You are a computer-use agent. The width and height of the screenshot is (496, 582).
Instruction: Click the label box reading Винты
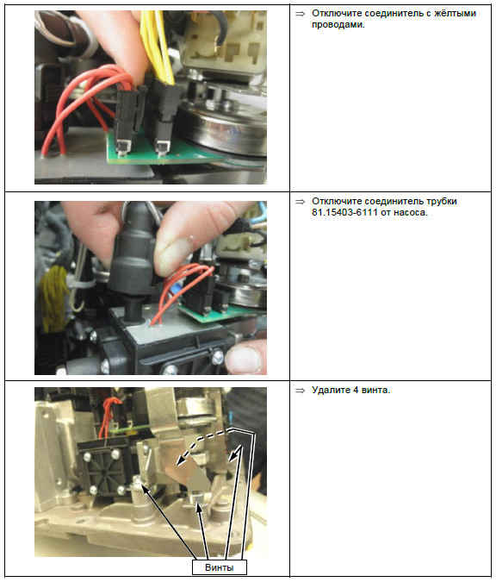pos(219,567)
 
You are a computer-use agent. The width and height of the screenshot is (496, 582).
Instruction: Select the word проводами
pos(338,24)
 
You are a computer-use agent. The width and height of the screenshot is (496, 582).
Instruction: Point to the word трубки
pos(442,201)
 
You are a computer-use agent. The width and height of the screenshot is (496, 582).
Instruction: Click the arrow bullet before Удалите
pos(300,391)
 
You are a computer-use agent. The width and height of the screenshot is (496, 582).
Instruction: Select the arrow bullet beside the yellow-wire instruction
pos(300,14)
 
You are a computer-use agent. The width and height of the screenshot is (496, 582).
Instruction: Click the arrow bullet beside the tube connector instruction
pos(300,202)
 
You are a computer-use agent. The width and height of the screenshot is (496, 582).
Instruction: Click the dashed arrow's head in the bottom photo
pos(181,460)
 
